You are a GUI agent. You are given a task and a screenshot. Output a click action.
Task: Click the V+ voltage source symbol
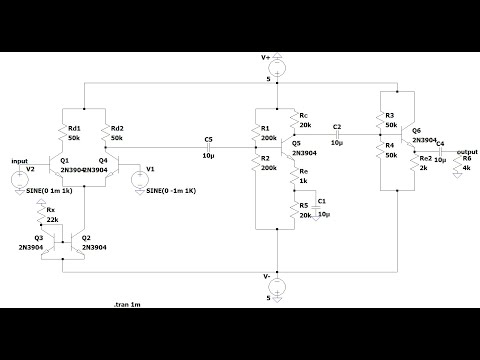(277, 68)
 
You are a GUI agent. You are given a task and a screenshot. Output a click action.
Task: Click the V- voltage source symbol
(277, 288)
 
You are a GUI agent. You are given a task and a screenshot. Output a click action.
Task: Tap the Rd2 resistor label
(117, 127)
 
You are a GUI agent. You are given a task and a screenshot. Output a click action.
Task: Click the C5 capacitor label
(208, 138)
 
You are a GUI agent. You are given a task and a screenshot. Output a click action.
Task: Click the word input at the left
(20, 160)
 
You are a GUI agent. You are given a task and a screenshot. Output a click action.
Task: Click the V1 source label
(151, 169)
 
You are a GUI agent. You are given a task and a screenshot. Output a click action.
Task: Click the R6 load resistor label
(467, 160)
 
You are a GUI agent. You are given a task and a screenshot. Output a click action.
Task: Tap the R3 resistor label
(390, 116)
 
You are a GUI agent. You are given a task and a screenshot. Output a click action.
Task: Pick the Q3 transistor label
(39, 237)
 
